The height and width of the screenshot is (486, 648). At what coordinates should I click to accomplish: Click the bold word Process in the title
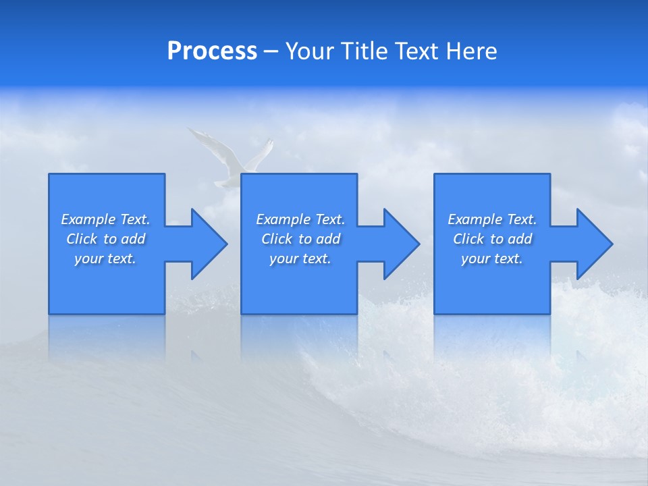[212, 51]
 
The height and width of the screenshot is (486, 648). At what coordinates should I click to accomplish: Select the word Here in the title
[471, 51]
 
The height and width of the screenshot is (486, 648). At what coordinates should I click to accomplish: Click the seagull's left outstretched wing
[206, 142]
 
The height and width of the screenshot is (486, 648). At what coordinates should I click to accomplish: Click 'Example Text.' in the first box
[105, 219]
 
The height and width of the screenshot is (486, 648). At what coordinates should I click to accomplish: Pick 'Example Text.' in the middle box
[300, 219]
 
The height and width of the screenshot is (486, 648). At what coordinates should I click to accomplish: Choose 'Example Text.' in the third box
[492, 219]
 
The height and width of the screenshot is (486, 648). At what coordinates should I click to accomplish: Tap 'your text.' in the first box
[105, 259]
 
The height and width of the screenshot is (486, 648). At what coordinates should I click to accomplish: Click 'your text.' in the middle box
[300, 259]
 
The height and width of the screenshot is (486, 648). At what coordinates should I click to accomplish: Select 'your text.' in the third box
[492, 259]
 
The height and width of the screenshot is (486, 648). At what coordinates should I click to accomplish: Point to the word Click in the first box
[82, 239]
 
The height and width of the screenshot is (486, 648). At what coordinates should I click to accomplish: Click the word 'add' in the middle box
[327, 239]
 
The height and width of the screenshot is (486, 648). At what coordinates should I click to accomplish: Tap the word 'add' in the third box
[519, 239]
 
